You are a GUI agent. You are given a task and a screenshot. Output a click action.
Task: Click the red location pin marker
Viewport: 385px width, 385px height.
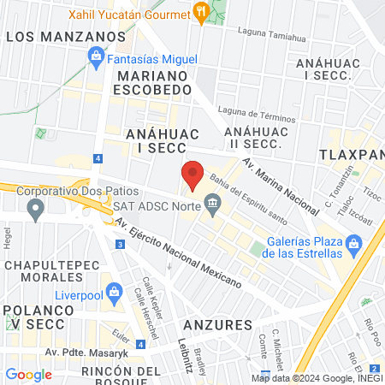click(x=192, y=175)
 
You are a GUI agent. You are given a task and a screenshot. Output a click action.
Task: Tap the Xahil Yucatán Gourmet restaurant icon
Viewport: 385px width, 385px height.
click(x=201, y=12)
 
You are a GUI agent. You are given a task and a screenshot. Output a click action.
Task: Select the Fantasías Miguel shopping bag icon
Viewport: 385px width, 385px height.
click(x=96, y=58)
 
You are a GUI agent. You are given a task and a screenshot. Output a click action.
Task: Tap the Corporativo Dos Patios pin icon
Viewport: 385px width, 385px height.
click(x=35, y=209)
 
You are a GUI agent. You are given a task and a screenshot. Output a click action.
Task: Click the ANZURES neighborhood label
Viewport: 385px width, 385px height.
click(x=217, y=325)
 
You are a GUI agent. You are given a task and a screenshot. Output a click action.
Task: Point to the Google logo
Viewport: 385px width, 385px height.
click(x=28, y=374)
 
